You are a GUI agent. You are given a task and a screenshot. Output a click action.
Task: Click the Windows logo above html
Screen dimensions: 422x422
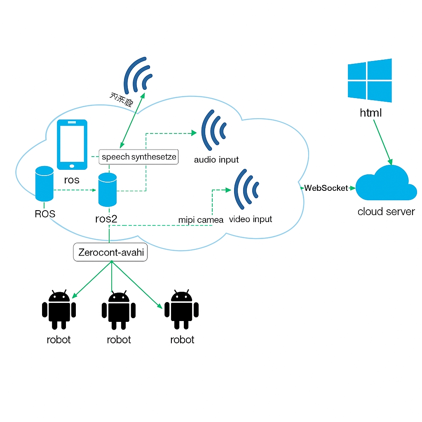pyautogui.click(x=369, y=80)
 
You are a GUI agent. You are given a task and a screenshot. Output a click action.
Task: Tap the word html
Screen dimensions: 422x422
pyautogui.click(x=371, y=113)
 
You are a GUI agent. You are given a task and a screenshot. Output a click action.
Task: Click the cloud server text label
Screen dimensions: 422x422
pyautogui.click(x=386, y=212)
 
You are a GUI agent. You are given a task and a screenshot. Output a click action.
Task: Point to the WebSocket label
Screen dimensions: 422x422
pyautogui.click(x=326, y=188)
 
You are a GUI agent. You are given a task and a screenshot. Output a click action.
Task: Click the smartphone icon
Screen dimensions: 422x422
pyautogui.click(x=72, y=145)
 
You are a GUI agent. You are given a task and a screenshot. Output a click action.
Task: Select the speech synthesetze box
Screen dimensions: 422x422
pyautogui.click(x=139, y=157)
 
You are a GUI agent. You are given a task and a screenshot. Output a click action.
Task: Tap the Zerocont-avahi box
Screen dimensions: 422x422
pyautogui.click(x=111, y=252)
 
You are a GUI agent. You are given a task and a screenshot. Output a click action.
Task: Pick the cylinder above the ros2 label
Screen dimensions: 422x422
pyautogui.click(x=108, y=190)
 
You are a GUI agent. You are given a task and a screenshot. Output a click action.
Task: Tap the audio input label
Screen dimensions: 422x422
pyautogui.click(x=216, y=160)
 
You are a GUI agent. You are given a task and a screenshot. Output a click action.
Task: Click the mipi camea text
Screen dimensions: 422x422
pyautogui.click(x=201, y=220)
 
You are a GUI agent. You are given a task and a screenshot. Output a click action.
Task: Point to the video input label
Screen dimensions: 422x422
pyautogui.click(x=251, y=219)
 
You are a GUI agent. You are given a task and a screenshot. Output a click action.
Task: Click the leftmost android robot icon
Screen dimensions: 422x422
pyautogui.click(x=59, y=310)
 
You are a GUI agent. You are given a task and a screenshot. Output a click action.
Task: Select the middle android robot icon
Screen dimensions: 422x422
pyautogui.click(x=119, y=310)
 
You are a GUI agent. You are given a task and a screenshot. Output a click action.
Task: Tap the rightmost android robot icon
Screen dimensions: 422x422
pyautogui.click(x=182, y=310)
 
